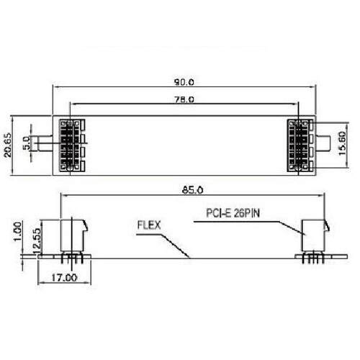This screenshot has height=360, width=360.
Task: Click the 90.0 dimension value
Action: (x=184, y=82)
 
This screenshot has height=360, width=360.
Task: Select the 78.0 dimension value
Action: (x=184, y=99)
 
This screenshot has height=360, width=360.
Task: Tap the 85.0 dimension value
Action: (x=193, y=190)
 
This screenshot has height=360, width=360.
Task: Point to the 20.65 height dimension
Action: (x=8, y=145)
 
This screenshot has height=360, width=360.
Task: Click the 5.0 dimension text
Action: (x=27, y=143)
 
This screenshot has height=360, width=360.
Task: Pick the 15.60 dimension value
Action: (x=342, y=143)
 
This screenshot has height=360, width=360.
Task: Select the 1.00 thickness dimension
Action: (x=17, y=232)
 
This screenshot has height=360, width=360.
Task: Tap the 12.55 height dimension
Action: (x=37, y=240)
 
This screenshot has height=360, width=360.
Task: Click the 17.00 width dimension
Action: (x=64, y=278)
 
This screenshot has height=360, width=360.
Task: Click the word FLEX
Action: (x=149, y=225)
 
